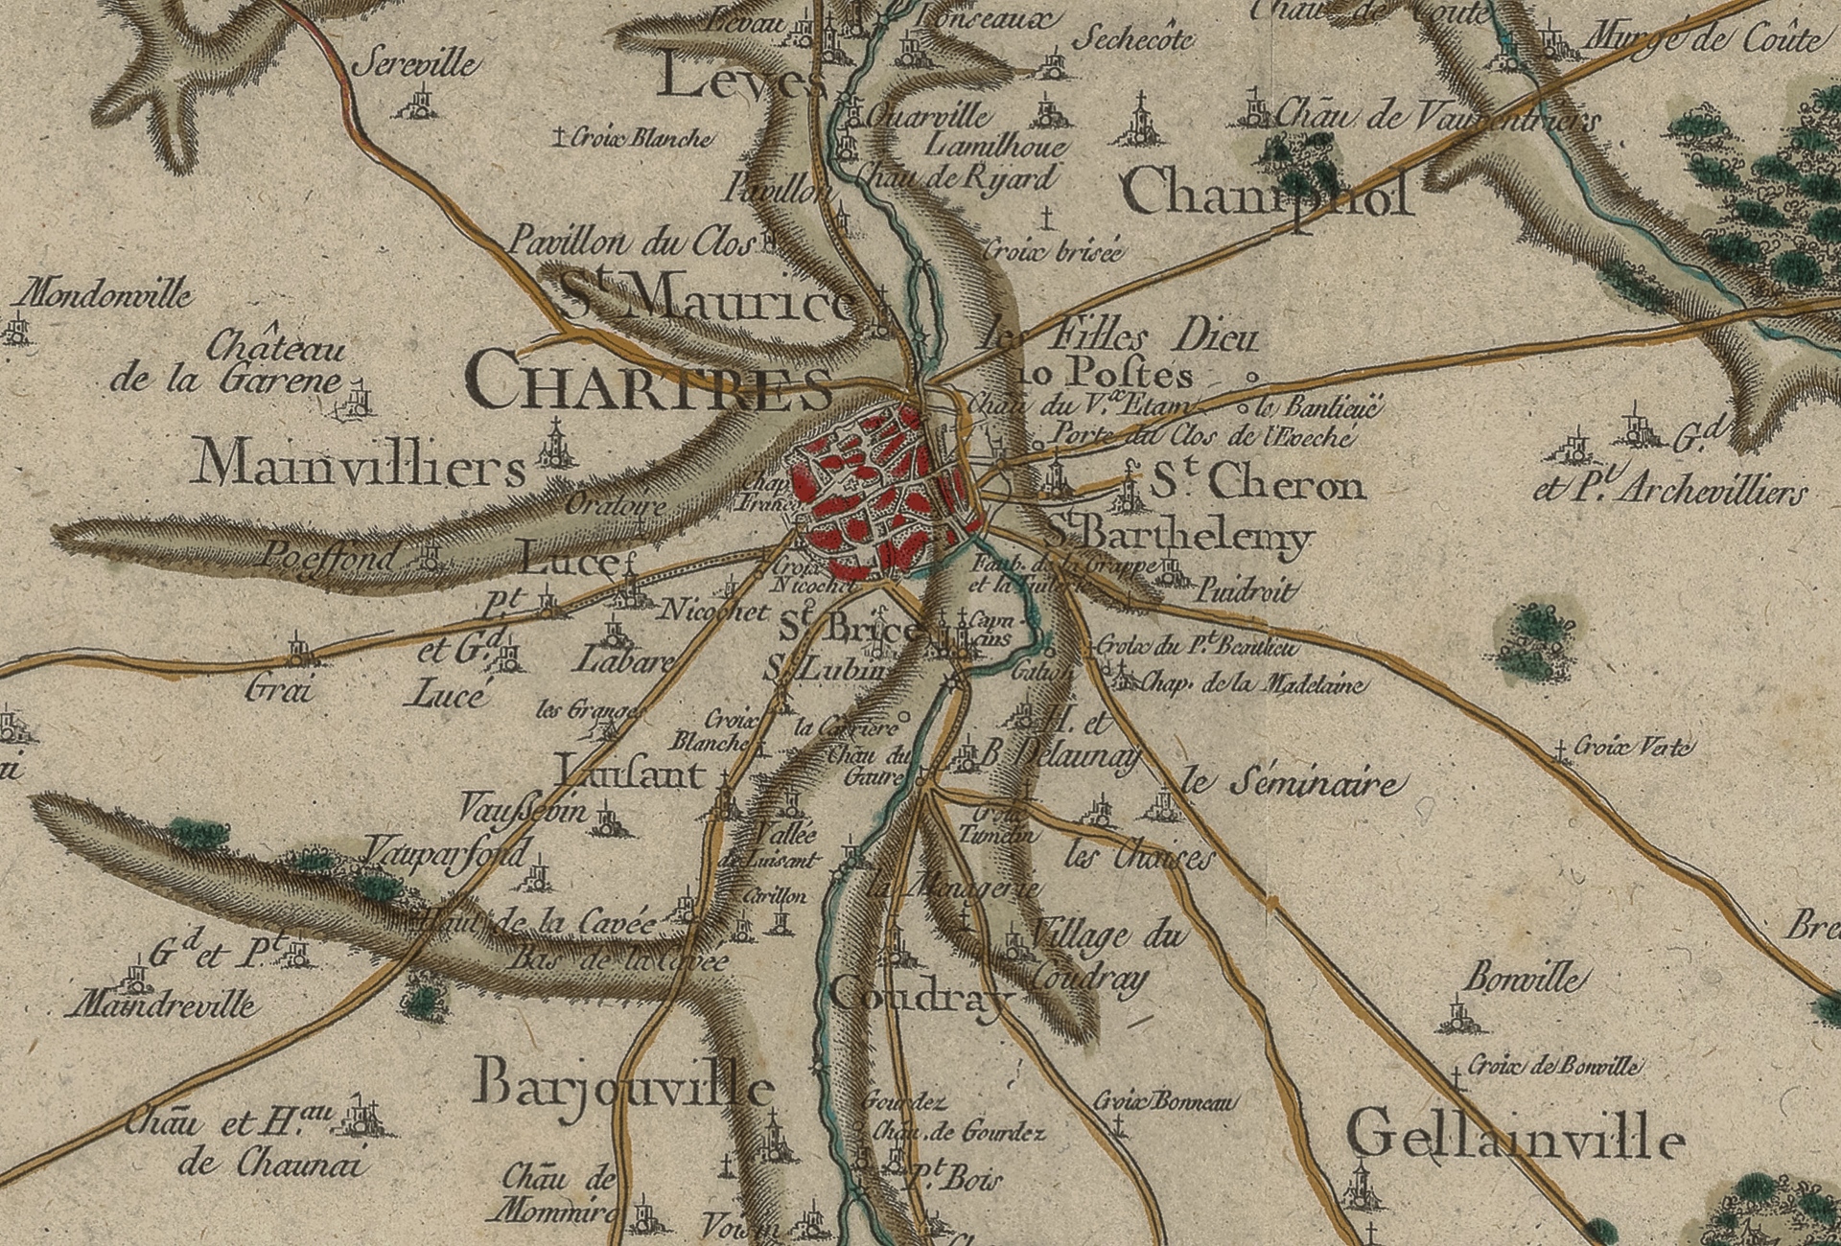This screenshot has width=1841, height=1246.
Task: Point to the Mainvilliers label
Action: coord(360,467)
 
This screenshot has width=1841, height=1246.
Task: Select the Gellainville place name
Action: coord(1515,1137)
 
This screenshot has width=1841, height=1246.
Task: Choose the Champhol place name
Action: coord(1267,195)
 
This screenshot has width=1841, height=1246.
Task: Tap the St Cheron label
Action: coord(1257,484)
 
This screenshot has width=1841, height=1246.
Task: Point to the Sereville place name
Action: coord(416,65)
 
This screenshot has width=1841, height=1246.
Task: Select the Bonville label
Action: coord(1521,979)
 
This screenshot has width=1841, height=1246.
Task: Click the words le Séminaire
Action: coord(1291,785)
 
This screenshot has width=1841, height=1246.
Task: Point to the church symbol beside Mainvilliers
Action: coord(553,445)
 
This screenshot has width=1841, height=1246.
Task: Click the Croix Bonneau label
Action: coord(1166,1101)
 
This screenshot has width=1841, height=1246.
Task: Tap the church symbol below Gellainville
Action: coord(1359,1187)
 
